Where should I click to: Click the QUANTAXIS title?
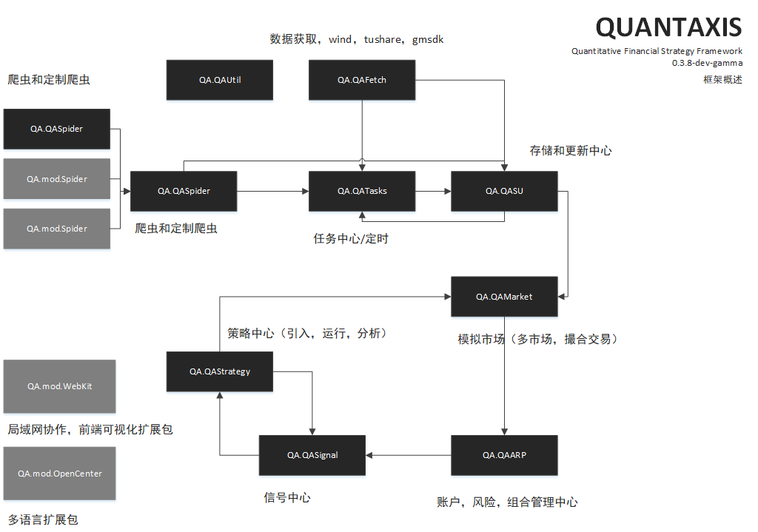pyautogui.click(x=668, y=27)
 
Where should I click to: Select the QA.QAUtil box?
pyautogui.click(x=220, y=80)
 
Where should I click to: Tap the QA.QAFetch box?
pyautogui.click(x=362, y=80)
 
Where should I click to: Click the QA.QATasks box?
pyautogui.click(x=362, y=191)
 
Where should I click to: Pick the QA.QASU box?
pyautogui.click(x=504, y=191)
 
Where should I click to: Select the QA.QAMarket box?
pyautogui.click(x=504, y=297)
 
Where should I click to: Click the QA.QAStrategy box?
pyautogui.click(x=220, y=371)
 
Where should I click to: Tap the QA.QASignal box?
pyautogui.click(x=312, y=455)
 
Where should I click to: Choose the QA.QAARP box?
pyautogui.click(x=504, y=455)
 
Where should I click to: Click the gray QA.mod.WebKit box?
pyautogui.click(x=59, y=386)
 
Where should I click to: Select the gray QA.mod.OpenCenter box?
pyautogui.click(x=59, y=474)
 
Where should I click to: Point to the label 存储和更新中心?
pyautogui.click(x=570, y=150)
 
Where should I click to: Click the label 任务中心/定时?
pyautogui.click(x=351, y=239)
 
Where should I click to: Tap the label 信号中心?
pyautogui.click(x=287, y=498)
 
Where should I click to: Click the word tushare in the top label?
pyautogui.click(x=383, y=39)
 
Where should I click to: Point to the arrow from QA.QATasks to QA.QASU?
pyautogui.click(x=433, y=191)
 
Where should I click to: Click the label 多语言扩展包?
pyautogui.click(x=43, y=520)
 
